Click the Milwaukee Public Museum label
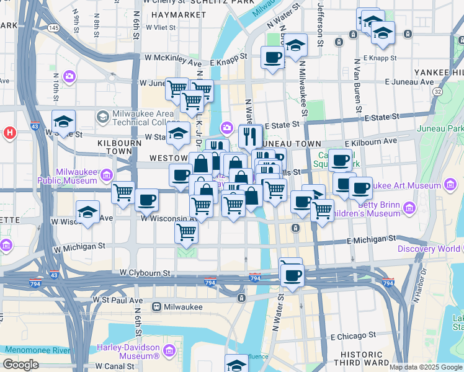(x=76, y=176)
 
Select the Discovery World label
(x=429, y=249)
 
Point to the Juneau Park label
(x=448, y=128)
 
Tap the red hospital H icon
(x=9, y=133)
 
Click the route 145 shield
(x=55, y=28)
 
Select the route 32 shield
(x=438, y=91)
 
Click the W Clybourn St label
(x=145, y=273)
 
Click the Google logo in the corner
(x=20, y=365)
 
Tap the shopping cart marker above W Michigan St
(x=187, y=233)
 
